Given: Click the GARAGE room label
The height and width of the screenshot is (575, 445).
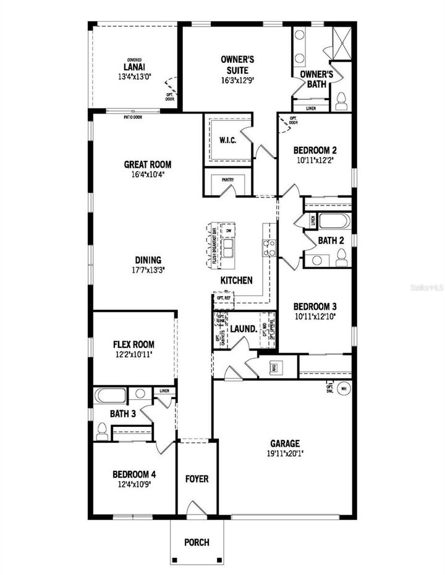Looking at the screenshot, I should (x=284, y=443).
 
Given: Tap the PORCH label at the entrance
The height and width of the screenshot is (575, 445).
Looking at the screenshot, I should (x=197, y=542).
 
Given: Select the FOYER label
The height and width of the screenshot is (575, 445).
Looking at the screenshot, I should (x=197, y=479).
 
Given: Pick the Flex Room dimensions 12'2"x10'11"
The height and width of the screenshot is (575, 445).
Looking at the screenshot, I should (x=133, y=355).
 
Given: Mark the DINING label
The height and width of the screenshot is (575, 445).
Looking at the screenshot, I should (x=146, y=260).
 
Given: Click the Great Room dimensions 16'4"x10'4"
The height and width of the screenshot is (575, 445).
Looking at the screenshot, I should (x=147, y=175).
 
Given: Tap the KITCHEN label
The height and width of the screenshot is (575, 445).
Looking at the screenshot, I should (x=237, y=280).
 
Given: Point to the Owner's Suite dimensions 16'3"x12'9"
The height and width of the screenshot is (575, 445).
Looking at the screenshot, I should (x=238, y=80).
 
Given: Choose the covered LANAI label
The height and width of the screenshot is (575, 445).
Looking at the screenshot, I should (x=134, y=67).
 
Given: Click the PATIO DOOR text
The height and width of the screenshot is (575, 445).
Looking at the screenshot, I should (x=133, y=116).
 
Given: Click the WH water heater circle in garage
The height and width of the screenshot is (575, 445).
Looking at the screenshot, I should (x=344, y=389).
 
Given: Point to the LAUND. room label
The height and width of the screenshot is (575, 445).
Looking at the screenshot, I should (x=244, y=329).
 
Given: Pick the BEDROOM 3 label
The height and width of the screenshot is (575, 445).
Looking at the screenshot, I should (x=315, y=307).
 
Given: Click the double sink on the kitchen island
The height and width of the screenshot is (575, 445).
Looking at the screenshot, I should (x=227, y=249).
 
